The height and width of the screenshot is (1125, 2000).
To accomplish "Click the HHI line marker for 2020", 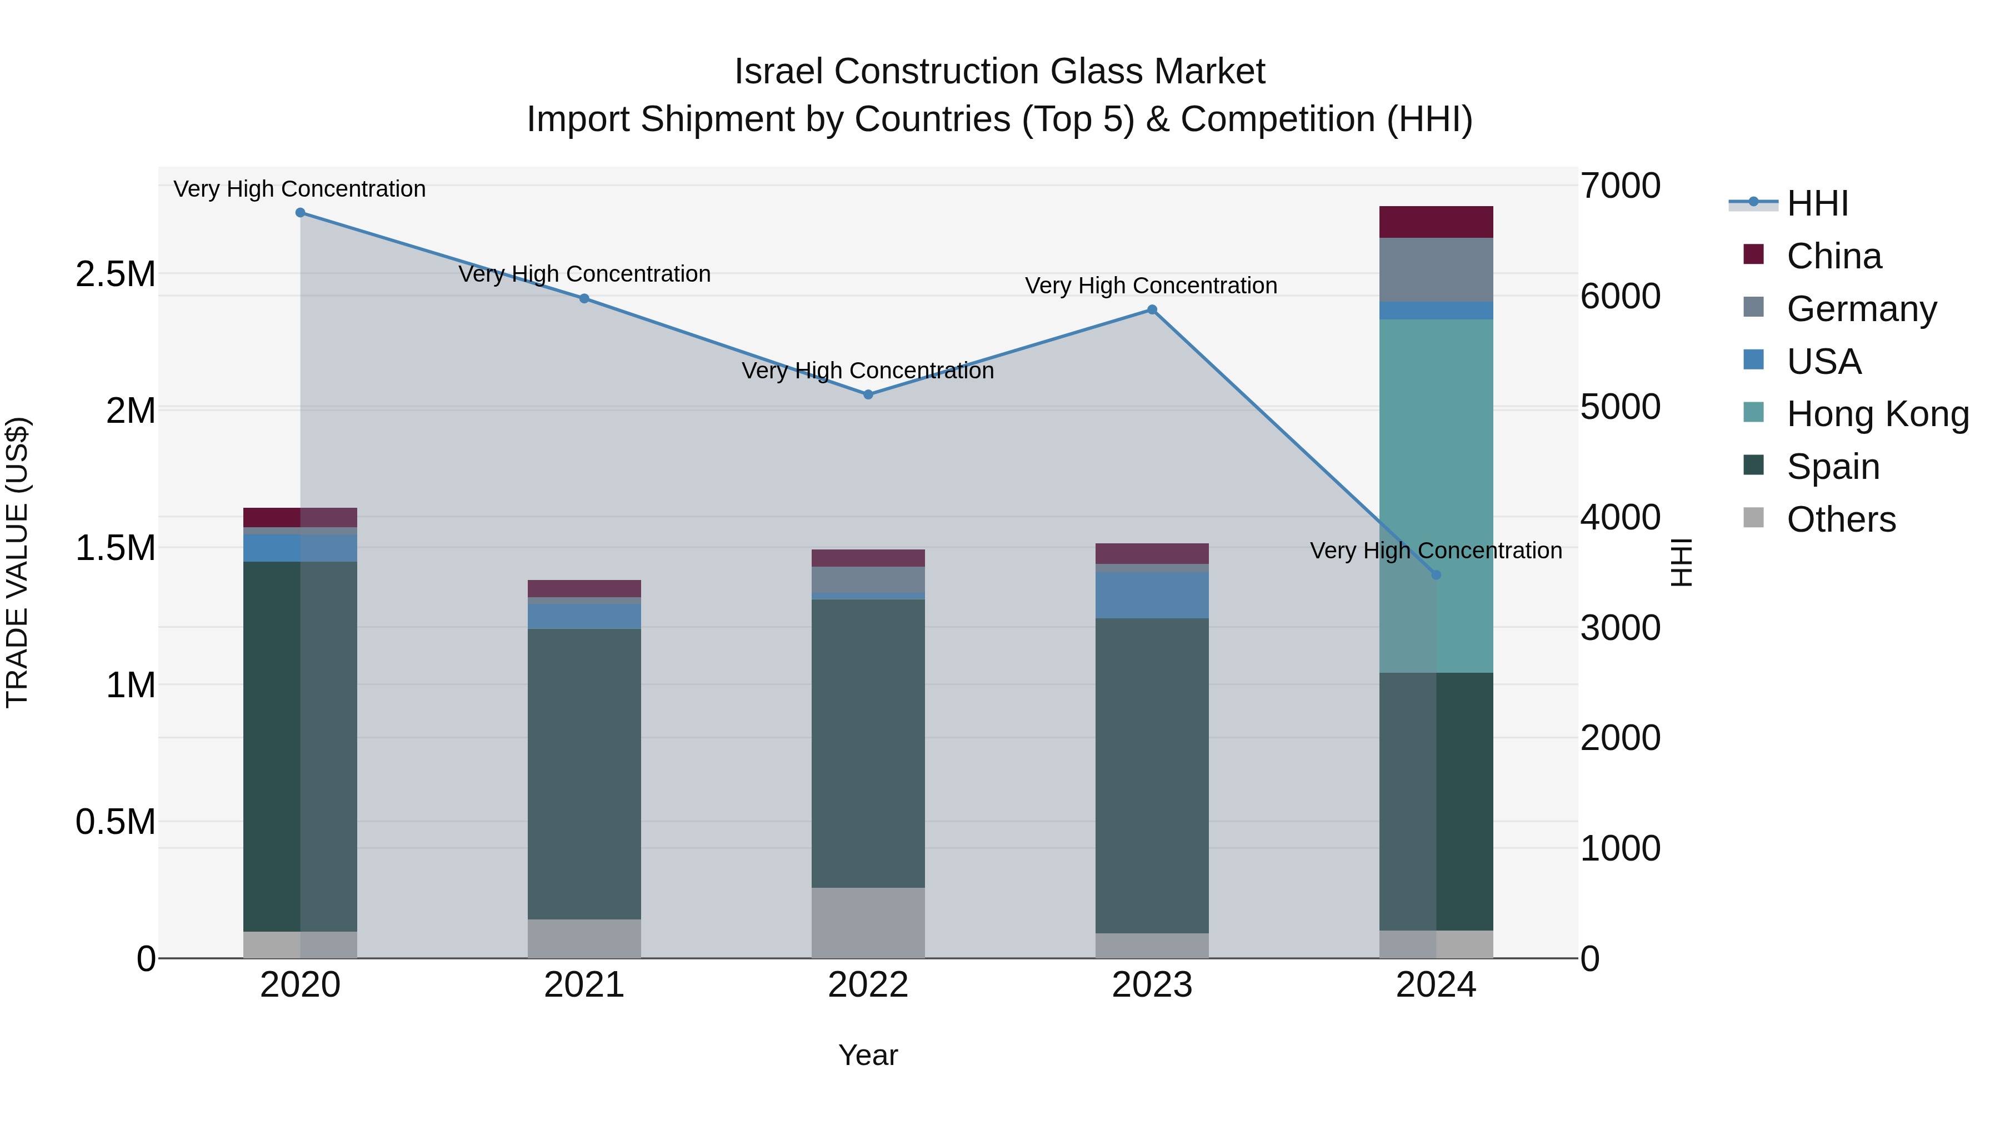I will pos(301,213).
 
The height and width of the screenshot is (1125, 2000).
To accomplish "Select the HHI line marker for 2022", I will pos(868,394).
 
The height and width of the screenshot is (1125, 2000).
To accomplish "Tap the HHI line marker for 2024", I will pos(1436,576).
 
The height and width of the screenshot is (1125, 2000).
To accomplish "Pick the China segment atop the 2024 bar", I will pos(1436,222).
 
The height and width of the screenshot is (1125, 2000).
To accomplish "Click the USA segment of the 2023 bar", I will pos(1152,596).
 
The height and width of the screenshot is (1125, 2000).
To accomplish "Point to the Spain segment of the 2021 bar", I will pos(584,773).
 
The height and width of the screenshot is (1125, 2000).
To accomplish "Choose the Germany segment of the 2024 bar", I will pos(1436,269).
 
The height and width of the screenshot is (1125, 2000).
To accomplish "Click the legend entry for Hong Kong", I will pos(1877,414).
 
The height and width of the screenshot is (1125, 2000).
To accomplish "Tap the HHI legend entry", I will pos(1817,203).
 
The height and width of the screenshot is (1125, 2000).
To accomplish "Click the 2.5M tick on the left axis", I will pos(115,274).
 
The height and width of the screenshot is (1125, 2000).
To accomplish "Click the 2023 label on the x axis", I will pos(1152,985).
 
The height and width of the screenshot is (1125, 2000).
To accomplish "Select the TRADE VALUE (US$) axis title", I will pos(17,562).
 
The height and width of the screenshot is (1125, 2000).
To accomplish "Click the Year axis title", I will pos(868,1055).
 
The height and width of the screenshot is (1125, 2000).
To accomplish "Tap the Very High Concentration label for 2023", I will pos(1151,286).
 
